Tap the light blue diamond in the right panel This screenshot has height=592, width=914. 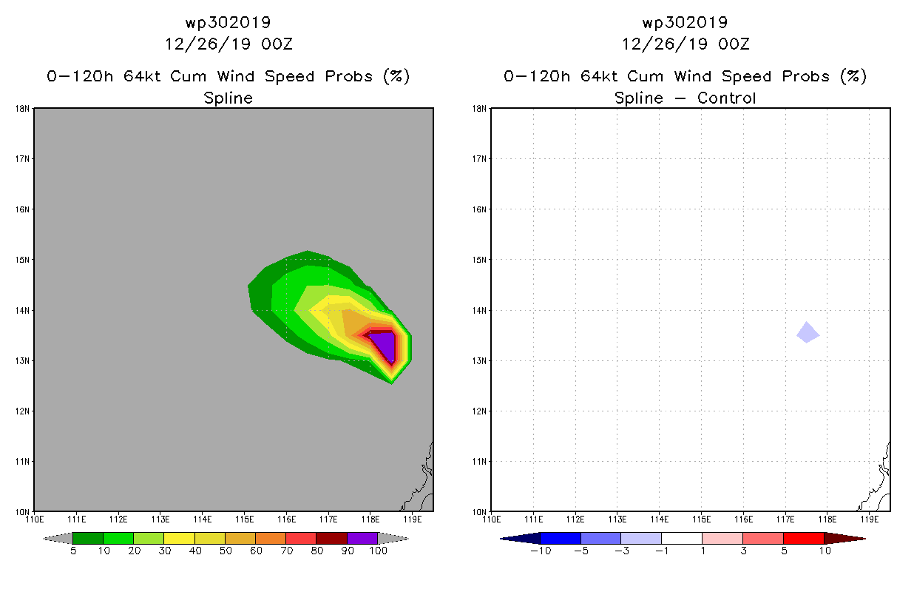(808, 333)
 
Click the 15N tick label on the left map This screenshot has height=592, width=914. (22, 260)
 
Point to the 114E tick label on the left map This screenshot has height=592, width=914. (203, 519)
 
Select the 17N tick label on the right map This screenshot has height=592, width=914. (479, 159)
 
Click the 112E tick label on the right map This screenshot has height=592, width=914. (575, 519)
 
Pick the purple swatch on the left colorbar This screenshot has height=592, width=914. (362, 538)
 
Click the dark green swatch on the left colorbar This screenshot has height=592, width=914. (88, 538)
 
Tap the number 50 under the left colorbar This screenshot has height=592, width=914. (226, 551)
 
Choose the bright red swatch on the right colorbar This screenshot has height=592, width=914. (804, 538)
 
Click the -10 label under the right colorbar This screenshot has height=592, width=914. (541, 551)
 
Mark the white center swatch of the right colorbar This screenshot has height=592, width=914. (682, 538)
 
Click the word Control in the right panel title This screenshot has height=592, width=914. (727, 98)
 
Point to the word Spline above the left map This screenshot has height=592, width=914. (228, 98)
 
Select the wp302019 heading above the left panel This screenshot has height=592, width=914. (228, 22)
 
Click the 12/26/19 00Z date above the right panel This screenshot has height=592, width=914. (685, 44)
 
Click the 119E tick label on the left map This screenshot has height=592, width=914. (413, 519)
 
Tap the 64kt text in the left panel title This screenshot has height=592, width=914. (143, 76)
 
